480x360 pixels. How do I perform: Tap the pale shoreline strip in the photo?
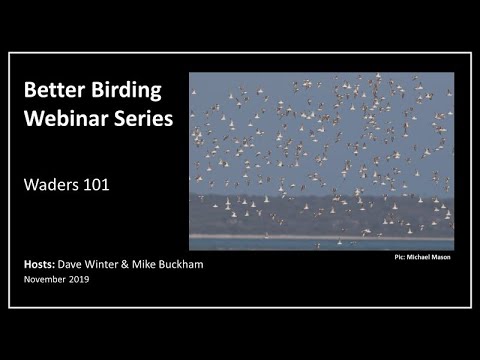click(321, 236)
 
